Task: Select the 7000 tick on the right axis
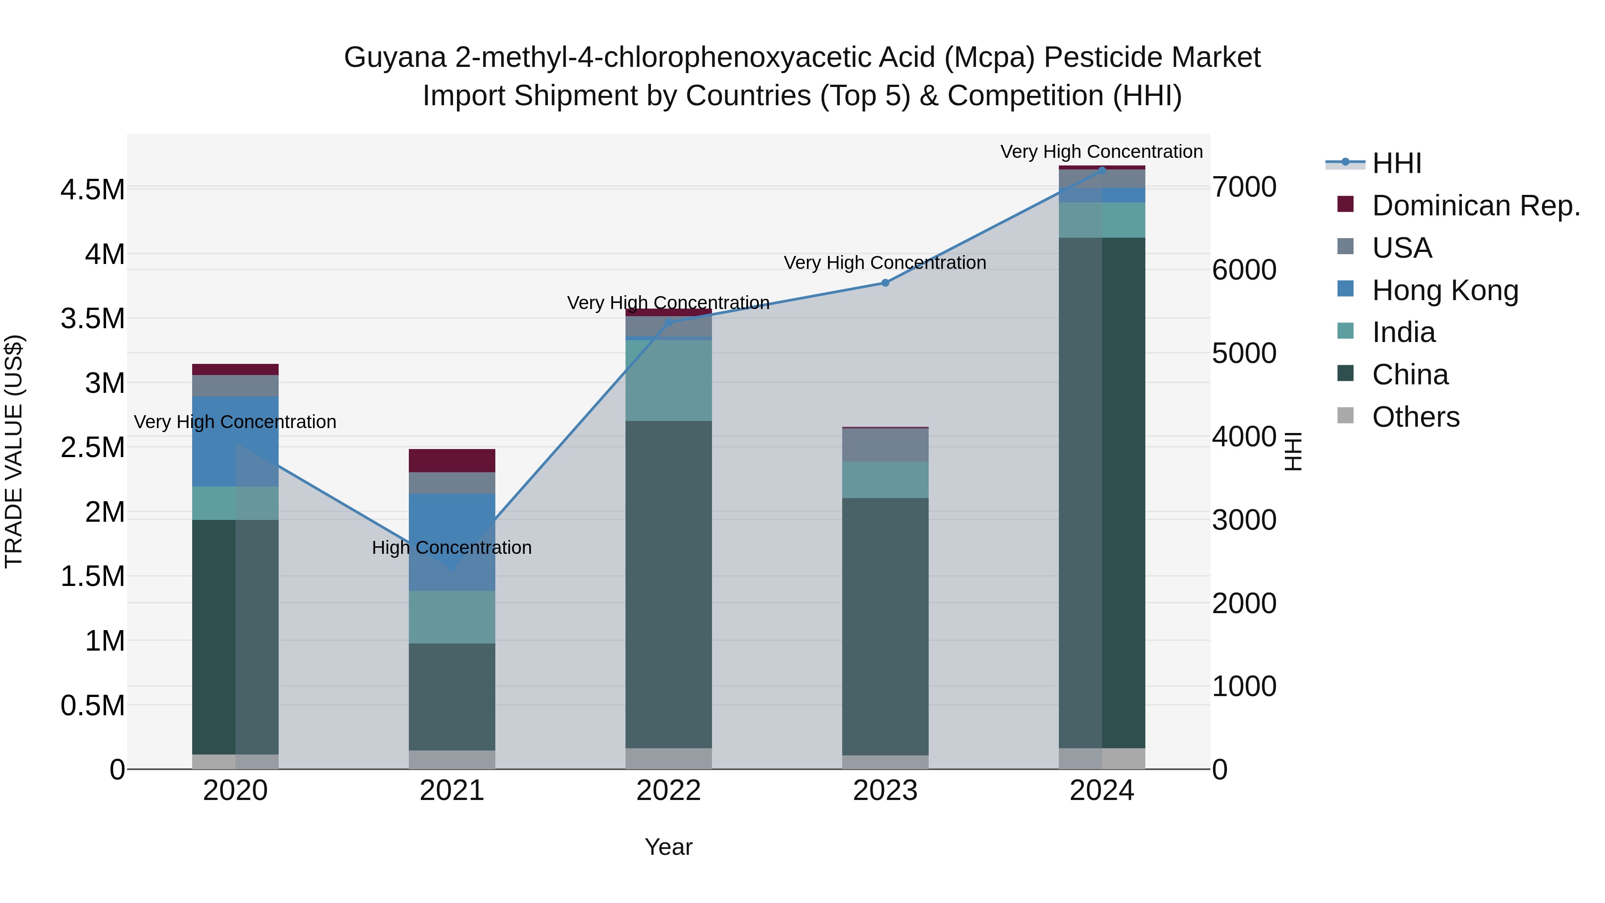point(1243,187)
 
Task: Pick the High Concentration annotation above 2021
point(452,548)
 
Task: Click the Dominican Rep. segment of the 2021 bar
point(452,461)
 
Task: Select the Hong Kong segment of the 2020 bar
point(235,441)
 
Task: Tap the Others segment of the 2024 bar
point(1102,759)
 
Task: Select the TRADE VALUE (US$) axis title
point(14,451)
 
